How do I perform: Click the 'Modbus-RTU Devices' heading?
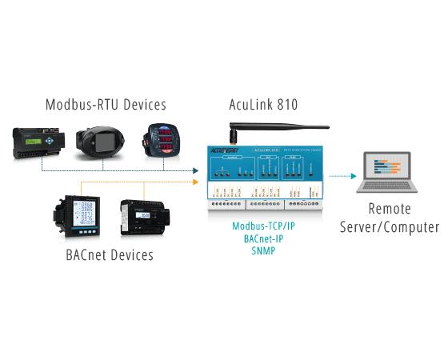(106, 105)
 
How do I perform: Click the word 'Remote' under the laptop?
(389, 210)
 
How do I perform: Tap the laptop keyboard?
(389, 189)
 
